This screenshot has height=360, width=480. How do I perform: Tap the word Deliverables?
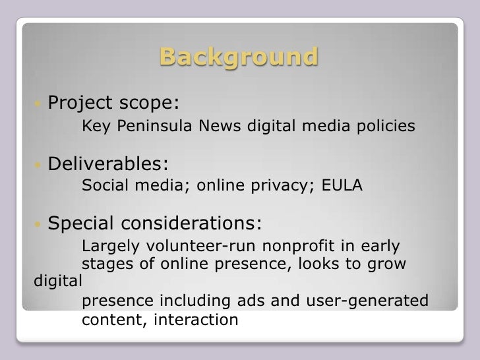[108, 163]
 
